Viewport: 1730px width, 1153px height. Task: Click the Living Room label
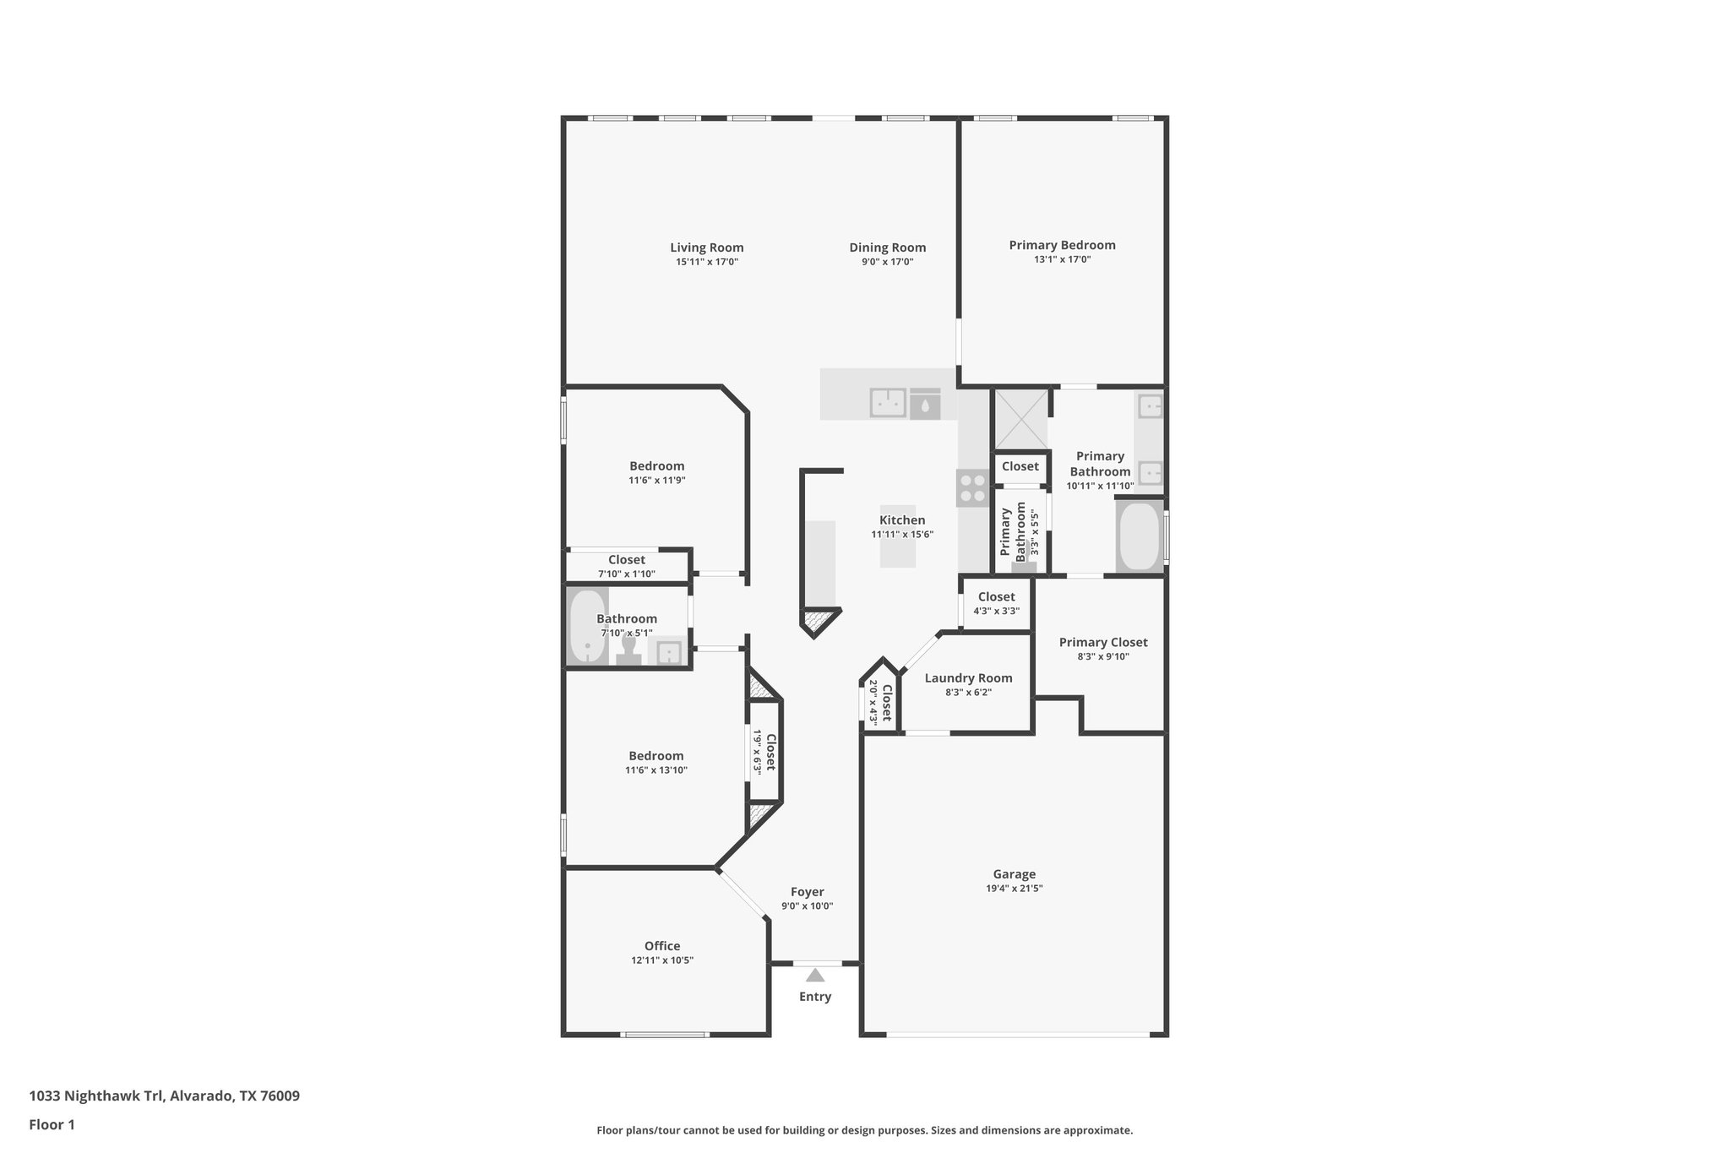point(706,247)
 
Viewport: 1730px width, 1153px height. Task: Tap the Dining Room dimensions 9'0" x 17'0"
point(887,262)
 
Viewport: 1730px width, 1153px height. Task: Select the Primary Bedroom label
point(1062,245)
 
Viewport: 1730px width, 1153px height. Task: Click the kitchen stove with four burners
point(972,488)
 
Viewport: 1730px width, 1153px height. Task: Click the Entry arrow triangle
point(814,975)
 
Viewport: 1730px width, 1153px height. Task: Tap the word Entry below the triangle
point(814,997)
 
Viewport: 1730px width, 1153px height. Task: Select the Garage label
point(1014,874)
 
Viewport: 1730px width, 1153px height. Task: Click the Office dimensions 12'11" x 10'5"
point(661,960)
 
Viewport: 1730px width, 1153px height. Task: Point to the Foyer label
point(807,892)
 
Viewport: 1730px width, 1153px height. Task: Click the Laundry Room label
point(968,677)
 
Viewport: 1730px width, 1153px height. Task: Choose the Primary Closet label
point(1102,642)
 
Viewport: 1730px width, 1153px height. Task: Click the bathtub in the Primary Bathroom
point(1139,537)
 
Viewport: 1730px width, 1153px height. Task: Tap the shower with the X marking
point(1020,419)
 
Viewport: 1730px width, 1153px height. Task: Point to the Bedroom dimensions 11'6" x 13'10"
point(656,770)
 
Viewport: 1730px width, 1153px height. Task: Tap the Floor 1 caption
point(52,1124)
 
